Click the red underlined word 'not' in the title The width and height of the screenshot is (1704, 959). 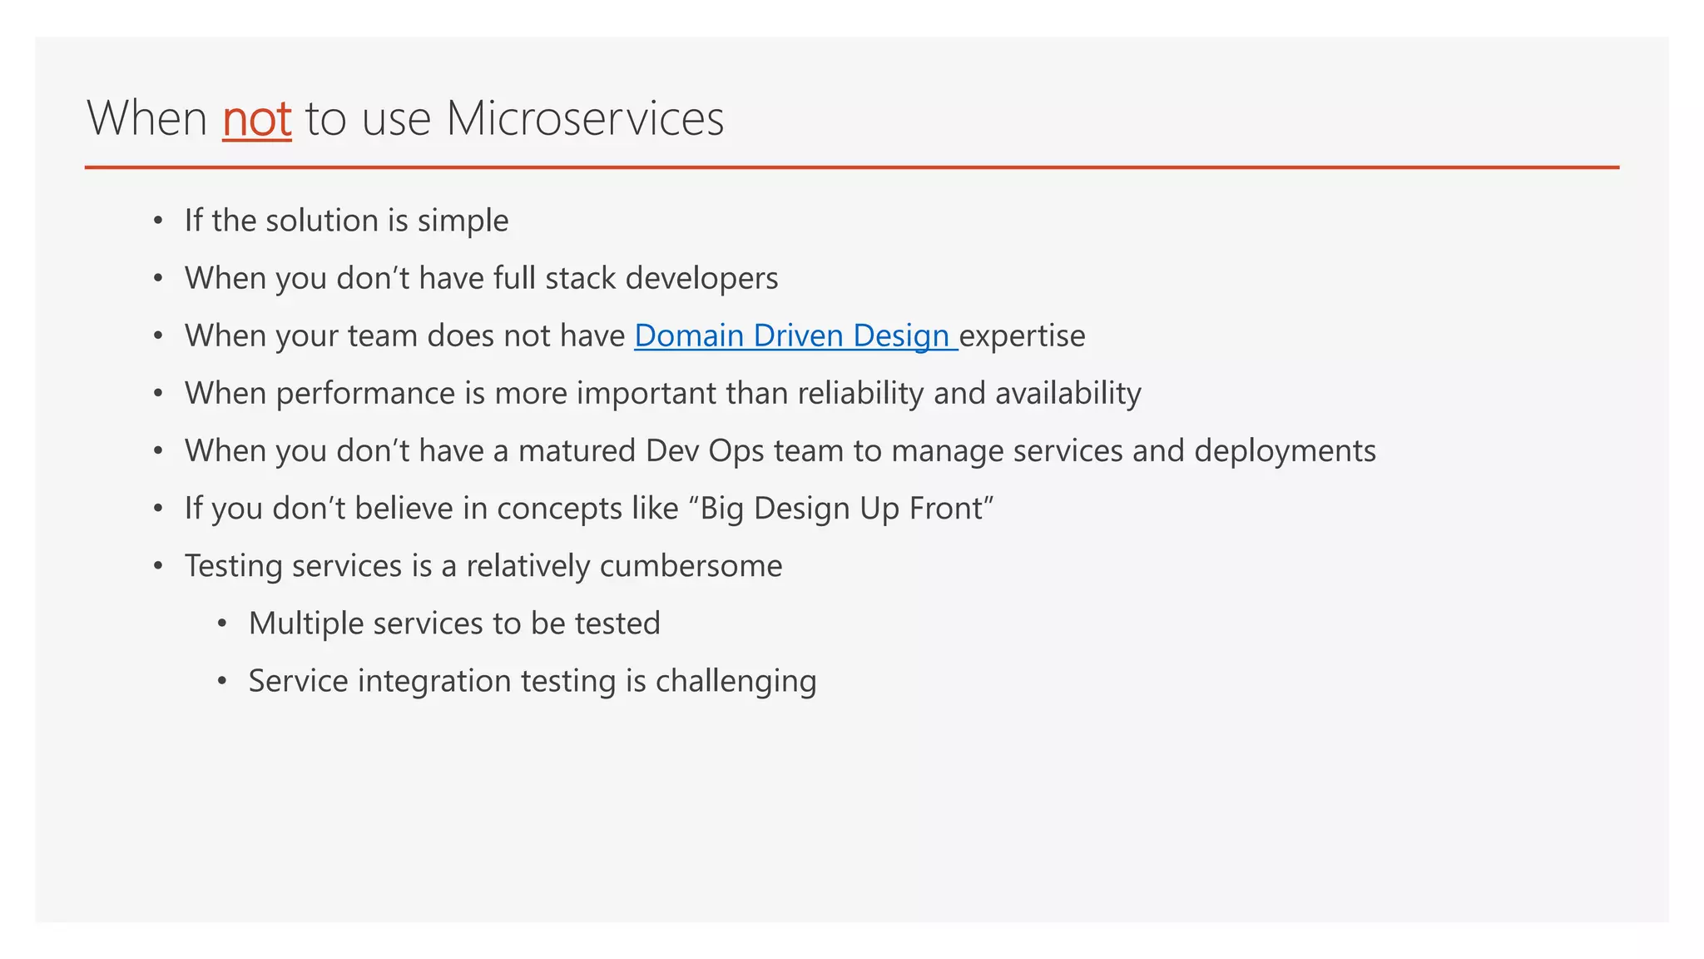pyautogui.click(x=256, y=119)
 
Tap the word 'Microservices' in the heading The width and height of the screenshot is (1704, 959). pyautogui.click(x=585, y=119)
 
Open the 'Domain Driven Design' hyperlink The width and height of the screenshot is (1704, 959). pyautogui.click(x=795, y=335)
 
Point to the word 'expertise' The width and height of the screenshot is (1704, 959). pyautogui.click(x=1023, y=336)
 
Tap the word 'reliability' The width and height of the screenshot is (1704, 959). pyautogui.click(x=860, y=394)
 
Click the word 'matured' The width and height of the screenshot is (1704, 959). pyautogui.click(x=577, y=450)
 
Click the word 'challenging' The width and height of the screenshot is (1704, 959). pyautogui.click(x=736, y=682)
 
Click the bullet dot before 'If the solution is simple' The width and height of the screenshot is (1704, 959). pyautogui.click(x=158, y=221)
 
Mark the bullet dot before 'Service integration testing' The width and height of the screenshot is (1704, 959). pyautogui.click(x=221, y=682)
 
